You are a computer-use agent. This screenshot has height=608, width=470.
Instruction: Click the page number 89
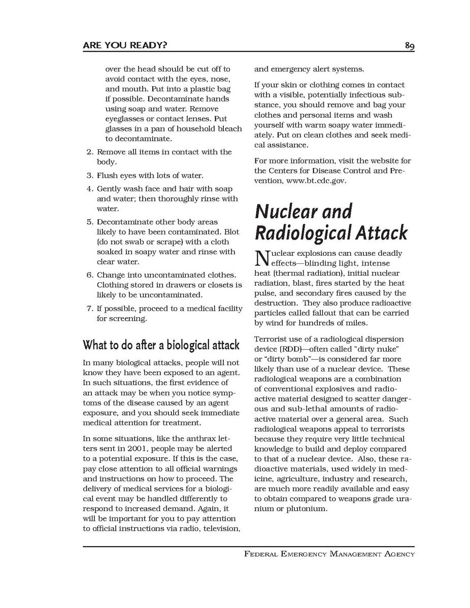(x=410, y=46)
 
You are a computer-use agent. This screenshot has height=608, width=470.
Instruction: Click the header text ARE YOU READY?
(x=125, y=46)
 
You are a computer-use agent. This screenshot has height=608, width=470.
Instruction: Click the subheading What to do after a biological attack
(x=161, y=346)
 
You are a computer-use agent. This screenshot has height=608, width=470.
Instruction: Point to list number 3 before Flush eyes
(x=89, y=176)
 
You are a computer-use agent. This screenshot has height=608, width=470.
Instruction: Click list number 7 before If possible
(x=89, y=309)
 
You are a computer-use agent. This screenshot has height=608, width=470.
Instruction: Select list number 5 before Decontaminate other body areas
(x=89, y=222)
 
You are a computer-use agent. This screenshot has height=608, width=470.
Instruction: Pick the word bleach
(x=230, y=128)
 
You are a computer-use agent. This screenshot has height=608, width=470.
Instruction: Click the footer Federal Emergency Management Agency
(x=329, y=554)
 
